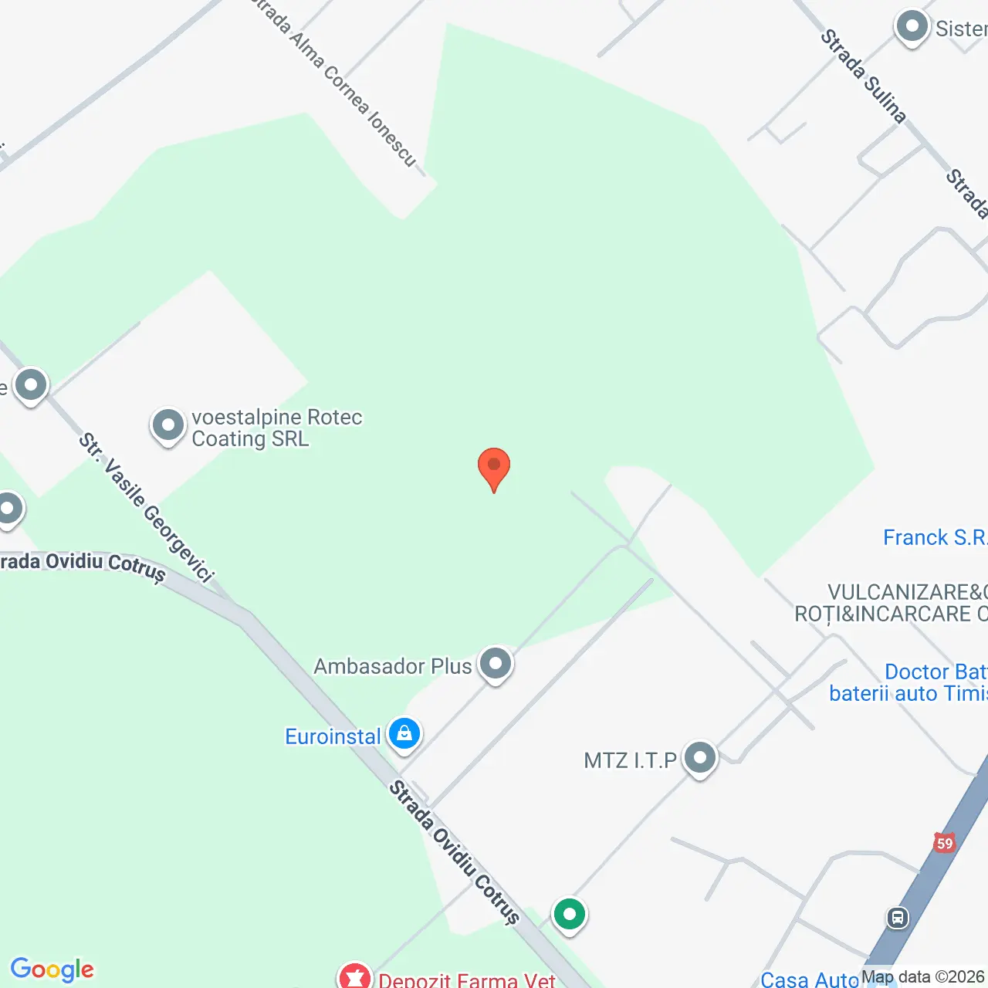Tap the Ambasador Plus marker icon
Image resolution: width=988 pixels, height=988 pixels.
click(x=496, y=663)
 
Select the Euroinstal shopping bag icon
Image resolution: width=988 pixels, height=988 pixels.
click(x=404, y=733)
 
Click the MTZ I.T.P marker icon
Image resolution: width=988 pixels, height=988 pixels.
click(x=700, y=758)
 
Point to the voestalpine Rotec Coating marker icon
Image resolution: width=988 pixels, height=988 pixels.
click(x=168, y=425)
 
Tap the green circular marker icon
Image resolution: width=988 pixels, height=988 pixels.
click(x=570, y=915)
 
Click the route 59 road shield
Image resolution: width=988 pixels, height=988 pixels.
click(x=944, y=843)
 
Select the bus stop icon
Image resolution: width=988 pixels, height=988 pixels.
click(x=898, y=918)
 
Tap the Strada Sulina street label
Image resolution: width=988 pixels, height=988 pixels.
click(x=862, y=76)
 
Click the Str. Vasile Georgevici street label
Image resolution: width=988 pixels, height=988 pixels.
click(x=146, y=507)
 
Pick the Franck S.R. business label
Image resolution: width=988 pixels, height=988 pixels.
click(x=934, y=537)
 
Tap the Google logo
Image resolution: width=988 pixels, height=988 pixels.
click(x=52, y=969)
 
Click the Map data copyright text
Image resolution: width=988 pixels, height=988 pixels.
click(x=923, y=977)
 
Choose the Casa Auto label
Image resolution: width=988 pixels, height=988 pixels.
click(x=809, y=980)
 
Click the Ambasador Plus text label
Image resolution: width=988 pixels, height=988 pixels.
click(x=392, y=666)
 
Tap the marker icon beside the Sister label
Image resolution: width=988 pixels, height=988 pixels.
click(x=912, y=27)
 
